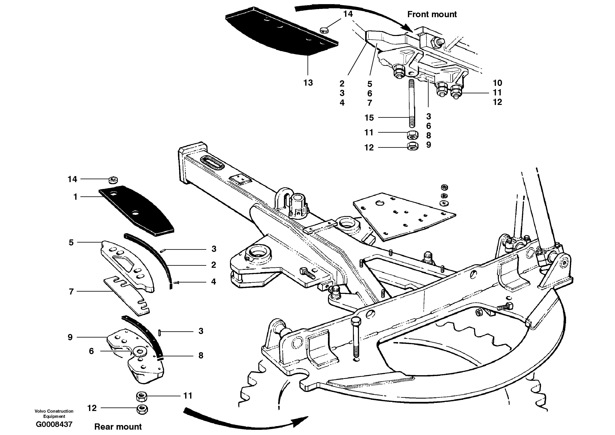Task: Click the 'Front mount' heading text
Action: pos(431,14)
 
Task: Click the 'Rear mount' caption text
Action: pos(118,427)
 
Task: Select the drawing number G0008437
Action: pos(54,424)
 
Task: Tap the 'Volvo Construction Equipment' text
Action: pos(54,413)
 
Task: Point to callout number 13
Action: pos(308,83)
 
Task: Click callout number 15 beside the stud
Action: pos(369,118)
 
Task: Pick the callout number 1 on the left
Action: pos(75,197)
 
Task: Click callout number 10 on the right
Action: pos(497,83)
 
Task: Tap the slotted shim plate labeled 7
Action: pos(126,295)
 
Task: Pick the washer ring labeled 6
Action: pos(139,352)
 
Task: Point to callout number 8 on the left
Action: pos(201,356)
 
